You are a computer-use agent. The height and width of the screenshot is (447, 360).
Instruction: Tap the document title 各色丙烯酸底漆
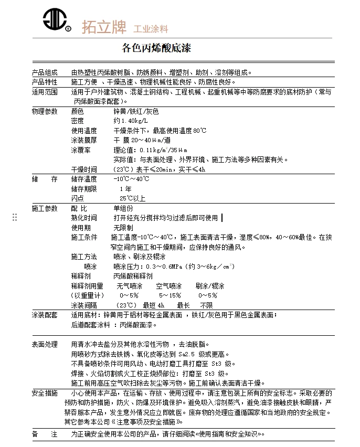[156, 49]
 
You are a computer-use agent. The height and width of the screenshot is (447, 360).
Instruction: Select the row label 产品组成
[45, 73]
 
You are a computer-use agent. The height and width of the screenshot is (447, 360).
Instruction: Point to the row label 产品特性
[45, 82]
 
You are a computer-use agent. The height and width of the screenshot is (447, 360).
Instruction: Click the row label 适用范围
[45, 92]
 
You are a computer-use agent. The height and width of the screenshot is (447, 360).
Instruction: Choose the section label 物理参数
[45, 112]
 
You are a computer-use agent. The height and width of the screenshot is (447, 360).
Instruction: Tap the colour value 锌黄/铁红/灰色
[136, 112]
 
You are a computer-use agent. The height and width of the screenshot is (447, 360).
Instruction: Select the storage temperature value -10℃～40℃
[132, 179]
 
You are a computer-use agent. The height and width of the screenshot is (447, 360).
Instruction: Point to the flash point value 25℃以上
[132, 198]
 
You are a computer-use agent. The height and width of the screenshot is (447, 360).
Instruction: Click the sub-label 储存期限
[84, 189]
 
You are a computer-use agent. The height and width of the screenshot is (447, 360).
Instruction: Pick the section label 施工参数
[45, 209]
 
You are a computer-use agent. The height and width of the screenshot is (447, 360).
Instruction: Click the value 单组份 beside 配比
[123, 209]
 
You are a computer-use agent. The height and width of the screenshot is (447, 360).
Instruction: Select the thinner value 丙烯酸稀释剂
[133, 276]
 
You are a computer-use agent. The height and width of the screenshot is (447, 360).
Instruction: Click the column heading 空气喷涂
[168, 286]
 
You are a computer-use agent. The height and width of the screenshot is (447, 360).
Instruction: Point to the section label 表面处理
[45, 345]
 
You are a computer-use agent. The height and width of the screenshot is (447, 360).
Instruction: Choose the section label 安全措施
[45, 393]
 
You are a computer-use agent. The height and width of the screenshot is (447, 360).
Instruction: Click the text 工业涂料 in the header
[151, 28]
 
